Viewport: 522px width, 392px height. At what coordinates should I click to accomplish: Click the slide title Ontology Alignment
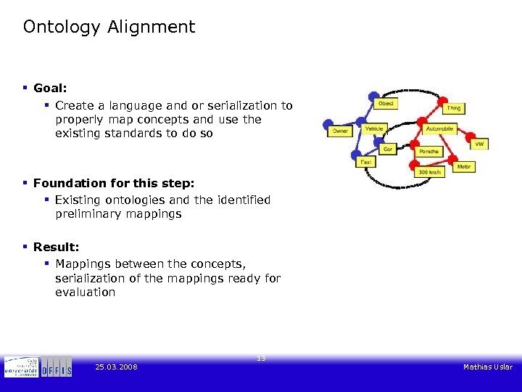point(109,28)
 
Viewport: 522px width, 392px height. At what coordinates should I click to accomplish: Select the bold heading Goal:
point(50,88)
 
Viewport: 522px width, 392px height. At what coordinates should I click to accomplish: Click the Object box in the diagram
point(386,104)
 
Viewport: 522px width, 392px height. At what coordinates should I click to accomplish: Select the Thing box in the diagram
point(453,108)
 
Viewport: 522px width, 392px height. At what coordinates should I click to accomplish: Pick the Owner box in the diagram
point(340,131)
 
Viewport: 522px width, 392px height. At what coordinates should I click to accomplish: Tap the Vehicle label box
point(374,129)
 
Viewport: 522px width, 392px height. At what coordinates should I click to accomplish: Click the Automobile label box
point(439,128)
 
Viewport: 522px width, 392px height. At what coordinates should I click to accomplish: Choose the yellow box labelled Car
point(388,149)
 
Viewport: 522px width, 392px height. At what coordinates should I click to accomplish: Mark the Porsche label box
point(428,152)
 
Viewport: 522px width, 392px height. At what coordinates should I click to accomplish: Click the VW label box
point(478,144)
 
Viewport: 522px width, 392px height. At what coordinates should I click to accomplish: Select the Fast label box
point(366,163)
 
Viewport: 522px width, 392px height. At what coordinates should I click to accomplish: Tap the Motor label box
point(464,167)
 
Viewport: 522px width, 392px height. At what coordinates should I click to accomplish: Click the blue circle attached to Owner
point(328,123)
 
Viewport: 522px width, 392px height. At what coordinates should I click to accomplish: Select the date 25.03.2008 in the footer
point(116,367)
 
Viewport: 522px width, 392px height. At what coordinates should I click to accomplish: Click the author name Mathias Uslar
point(487,367)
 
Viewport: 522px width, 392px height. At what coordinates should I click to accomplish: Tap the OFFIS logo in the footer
point(56,367)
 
